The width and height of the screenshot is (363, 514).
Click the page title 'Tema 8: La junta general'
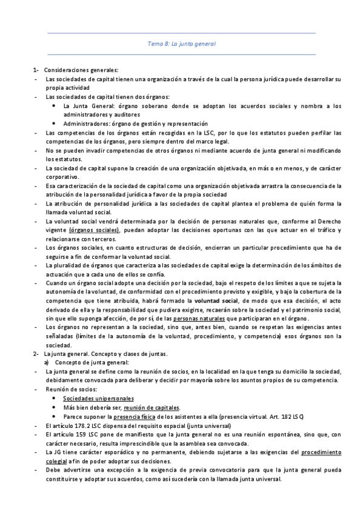coord(182,44)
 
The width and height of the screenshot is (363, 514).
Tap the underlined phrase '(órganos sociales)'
coord(94,230)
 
